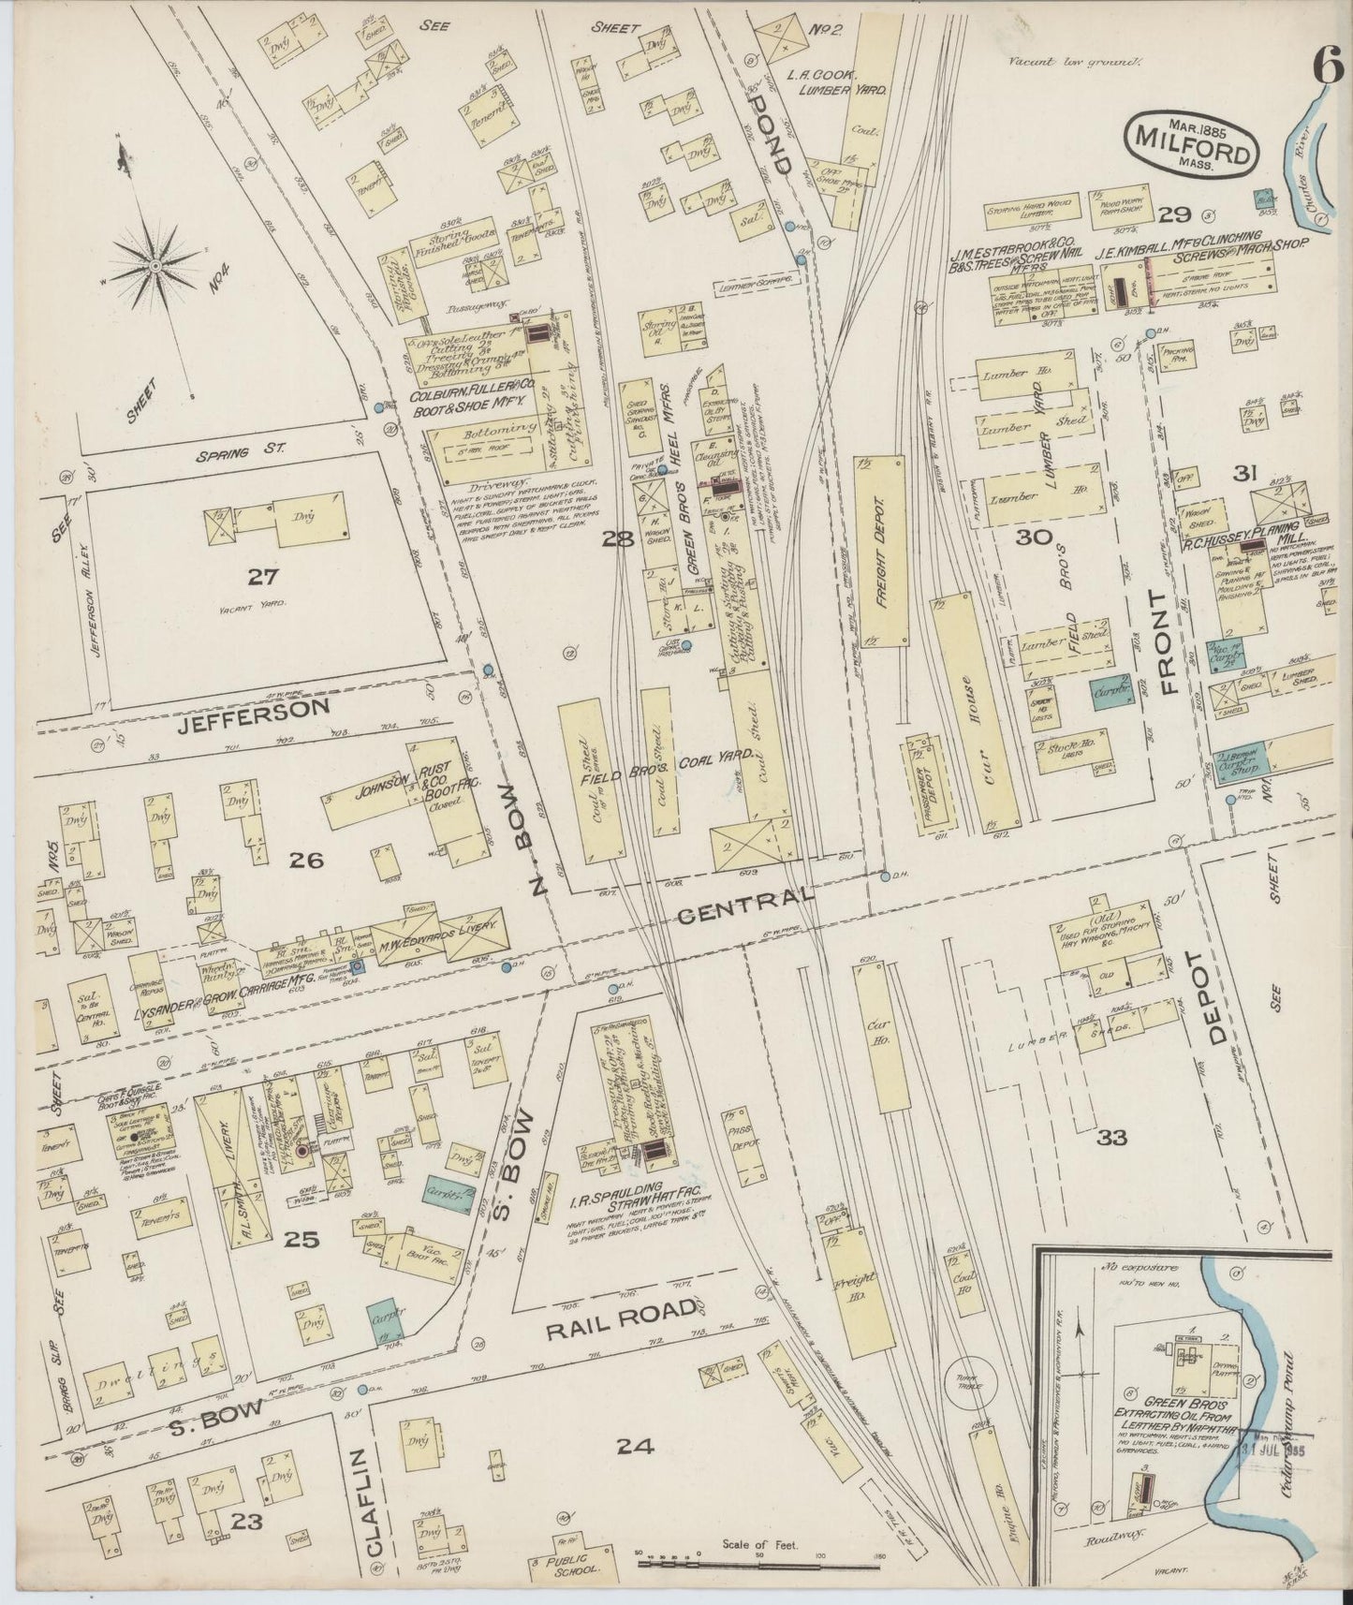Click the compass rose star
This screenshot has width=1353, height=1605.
pyautogui.click(x=153, y=267)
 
